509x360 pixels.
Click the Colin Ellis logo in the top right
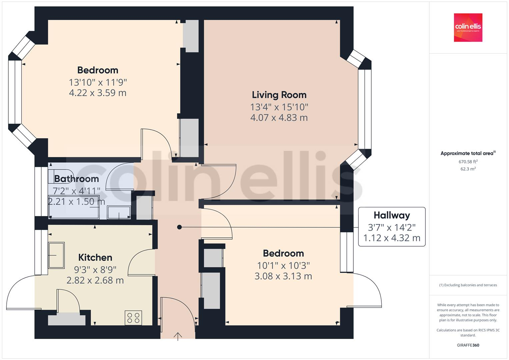click(x=468, y=27)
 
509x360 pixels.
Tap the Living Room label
click(x=279, y=95)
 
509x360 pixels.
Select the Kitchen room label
click(x=95, y=257)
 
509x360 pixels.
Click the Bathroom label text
click(x=76, y=179)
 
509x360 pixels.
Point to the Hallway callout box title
click(x=392, y=215)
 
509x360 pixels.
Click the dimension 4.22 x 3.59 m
click(x=98, y=93)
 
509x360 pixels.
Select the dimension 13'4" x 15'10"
click(x=279, y=107)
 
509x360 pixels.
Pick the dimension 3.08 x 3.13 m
click(x=283, y=276)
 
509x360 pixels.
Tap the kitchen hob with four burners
click(x=133, y=318)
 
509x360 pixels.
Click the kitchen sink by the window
click(x=56, y=255)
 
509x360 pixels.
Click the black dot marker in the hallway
click(x=179, y=227)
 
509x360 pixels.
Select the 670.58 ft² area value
click(x=468, y=162)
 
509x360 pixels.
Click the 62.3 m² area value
click(x=468, y=169)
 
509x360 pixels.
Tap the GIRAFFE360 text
click(x=468, y=345)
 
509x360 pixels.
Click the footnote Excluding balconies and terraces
click(x=468, y=285)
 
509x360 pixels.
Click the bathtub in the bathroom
click(x=74, y=207)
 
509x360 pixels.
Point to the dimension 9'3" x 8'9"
click(x=95, y=269)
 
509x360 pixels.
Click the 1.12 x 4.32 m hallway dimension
click(x=392, y=238)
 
